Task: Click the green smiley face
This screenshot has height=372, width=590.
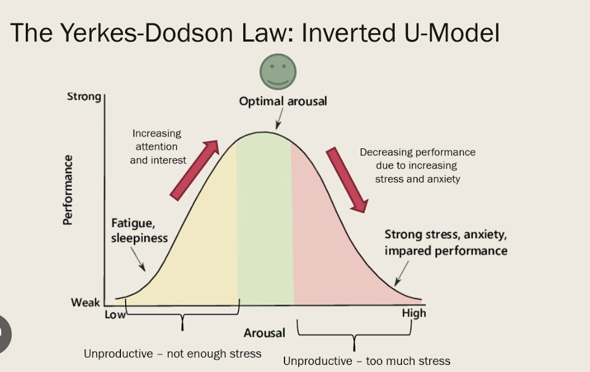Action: pyautogui.click(x=278, y=71)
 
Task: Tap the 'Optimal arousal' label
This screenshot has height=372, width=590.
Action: pyautogui.click(x=283, y=101)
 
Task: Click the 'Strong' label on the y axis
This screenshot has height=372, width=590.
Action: pyautogui.click(x=84, y=96)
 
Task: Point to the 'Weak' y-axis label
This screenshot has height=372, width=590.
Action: pyautogui.click(x=85, y=303)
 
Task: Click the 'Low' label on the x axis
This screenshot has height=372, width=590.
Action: pyautogui.click(x=115, y=314)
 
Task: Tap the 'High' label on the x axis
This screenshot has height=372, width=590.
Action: pyautogui.click(x=414, y=313)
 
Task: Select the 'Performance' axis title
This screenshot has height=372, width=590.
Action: pyautogui.click(x=68, y=190)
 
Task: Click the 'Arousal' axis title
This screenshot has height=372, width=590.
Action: pyautogui.click(x=264, y=333)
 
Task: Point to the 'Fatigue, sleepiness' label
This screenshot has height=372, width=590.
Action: pyautogui.click(x=139, y=231)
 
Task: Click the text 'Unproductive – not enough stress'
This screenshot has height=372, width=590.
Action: pyautogui.click(x=172, y=354)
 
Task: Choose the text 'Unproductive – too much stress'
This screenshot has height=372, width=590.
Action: pyautogui.click(x=367, y=361)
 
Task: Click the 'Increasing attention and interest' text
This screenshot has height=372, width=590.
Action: pyautogui.click(x=157, y=147)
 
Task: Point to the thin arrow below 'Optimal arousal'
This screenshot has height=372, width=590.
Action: pyautogui.click(x=279, y=121)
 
